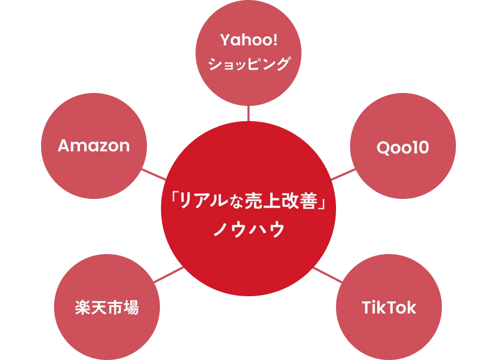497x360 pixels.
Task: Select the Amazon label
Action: tap(93, 145)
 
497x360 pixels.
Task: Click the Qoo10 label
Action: tap(402, 148)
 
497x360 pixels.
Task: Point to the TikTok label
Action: tap(389, 308)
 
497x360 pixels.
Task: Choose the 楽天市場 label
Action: tap(106, 308)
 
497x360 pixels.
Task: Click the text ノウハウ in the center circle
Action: tap(249, 229)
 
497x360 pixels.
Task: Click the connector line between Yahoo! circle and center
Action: tap(248, 114)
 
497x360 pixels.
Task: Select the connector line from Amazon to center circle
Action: tap(157, 175)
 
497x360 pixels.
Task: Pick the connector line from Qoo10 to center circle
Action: tap(341, 175)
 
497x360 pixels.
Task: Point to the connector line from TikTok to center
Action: tap(327, 274)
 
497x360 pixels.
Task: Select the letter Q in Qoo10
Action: tap(382, 148)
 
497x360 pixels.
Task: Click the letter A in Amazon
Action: tap(64, 145)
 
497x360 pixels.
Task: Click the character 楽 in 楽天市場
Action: tap(82, 308)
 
